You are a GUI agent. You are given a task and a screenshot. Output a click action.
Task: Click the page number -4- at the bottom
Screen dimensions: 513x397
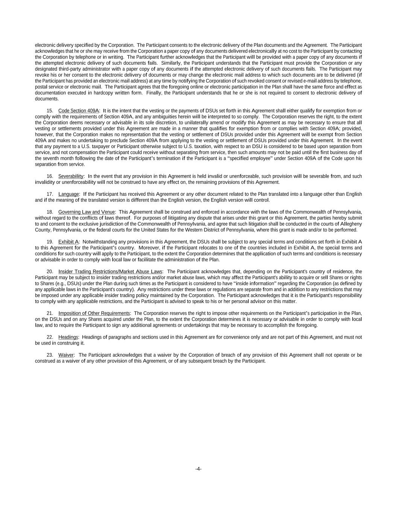click(198, 469)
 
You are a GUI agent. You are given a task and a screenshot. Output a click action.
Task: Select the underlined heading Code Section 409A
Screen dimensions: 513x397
click(78, 110)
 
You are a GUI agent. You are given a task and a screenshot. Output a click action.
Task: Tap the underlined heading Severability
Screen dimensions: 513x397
click(71, 176)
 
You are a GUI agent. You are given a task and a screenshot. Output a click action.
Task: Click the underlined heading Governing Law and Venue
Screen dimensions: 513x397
click(86, 212)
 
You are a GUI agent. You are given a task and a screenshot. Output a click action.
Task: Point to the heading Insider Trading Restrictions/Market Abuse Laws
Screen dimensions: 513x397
click(110, 271)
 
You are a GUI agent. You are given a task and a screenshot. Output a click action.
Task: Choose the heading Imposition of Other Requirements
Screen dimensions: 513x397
click(94, 313)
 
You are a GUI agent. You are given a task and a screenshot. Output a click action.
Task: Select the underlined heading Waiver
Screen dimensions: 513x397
click(66, 355)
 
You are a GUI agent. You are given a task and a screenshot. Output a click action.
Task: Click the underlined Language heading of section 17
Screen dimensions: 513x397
click(68, 194)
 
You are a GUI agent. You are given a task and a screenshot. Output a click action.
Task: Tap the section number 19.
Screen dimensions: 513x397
click(50, 242)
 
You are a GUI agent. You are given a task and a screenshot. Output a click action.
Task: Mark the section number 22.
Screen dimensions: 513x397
click(50, 337)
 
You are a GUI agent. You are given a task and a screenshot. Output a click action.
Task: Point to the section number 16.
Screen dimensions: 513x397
click(50, 176)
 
